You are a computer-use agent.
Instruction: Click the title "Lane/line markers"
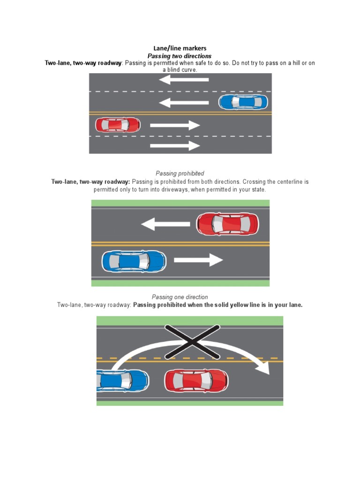180,48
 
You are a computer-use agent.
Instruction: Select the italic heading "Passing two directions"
180,56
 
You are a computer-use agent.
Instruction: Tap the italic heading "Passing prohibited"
180,173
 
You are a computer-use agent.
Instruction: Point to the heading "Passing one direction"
180,297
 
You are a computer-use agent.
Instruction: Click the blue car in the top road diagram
243,102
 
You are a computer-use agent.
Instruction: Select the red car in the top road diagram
118,125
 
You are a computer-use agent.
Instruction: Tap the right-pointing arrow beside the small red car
175,125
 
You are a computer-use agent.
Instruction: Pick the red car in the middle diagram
227,224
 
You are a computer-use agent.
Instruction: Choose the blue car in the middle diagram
134,261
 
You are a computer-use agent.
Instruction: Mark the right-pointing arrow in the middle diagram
198,260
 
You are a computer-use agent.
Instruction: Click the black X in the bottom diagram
193,342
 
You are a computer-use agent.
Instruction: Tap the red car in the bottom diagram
196,381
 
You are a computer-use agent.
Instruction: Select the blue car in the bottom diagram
123,380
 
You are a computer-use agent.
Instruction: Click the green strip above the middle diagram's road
180,203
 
